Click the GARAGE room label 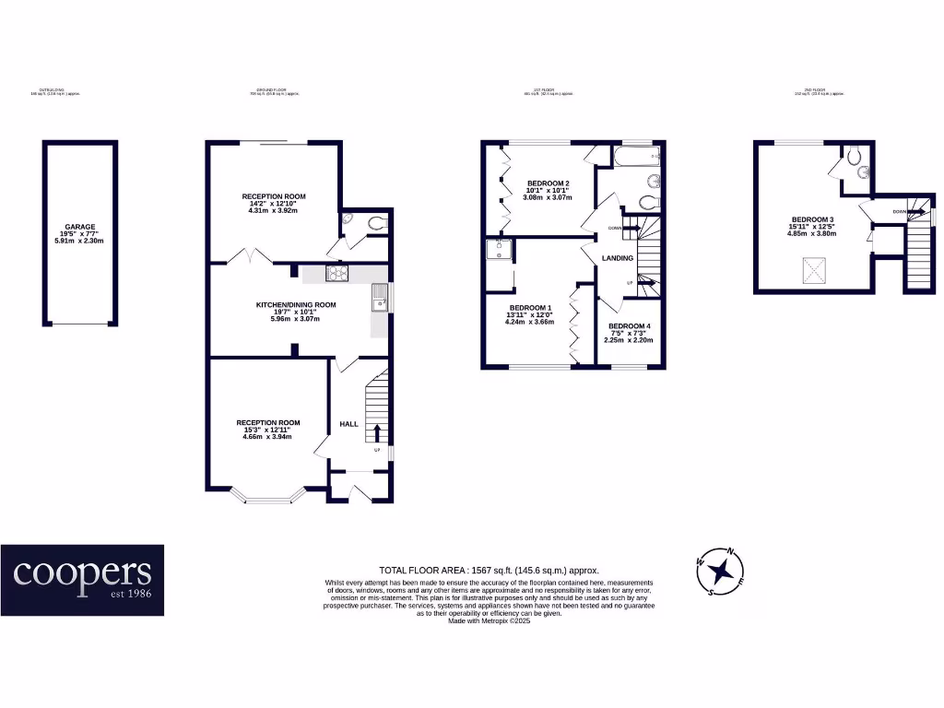(79, 227)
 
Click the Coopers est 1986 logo (82, 580)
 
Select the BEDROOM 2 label (548, 183)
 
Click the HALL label (348, 423)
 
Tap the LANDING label (617, 258)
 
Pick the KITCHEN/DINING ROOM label (296, 304)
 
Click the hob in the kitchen (336, 273)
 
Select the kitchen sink (379, 297)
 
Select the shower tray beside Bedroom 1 (499, 252)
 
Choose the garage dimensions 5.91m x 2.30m (79, 241)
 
